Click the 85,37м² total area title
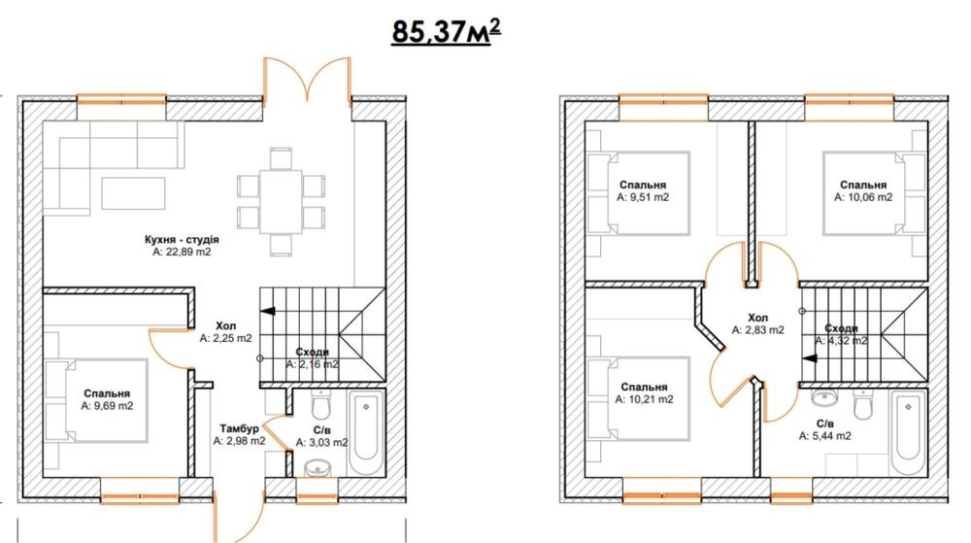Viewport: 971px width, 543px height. coord(446,32)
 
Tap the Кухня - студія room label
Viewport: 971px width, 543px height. coord(182,240)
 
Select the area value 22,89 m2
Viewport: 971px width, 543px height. coord(183,252)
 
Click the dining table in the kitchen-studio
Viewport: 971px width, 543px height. coord(282,201)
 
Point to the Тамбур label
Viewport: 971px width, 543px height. coord(239,428)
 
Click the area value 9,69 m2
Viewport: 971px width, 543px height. coord(107,406)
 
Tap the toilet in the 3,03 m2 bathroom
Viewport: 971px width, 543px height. coord(320,405)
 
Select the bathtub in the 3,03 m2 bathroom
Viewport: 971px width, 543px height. coord(367,433)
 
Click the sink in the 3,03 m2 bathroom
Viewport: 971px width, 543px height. coord(318,467)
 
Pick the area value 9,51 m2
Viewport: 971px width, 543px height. coord(643,197)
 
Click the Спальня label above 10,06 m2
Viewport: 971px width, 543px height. coord(863,185)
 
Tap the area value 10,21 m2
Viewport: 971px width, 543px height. coord(644,400)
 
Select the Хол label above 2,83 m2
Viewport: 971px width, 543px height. coord(757,318)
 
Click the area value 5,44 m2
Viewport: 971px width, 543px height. coord(824,436)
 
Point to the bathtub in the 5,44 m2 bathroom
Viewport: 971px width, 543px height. coord(909,433)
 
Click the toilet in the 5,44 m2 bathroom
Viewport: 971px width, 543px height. coord(862,404)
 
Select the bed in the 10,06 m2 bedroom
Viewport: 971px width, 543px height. coord(874,194)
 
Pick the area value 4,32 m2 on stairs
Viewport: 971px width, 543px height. coord(841,341)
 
